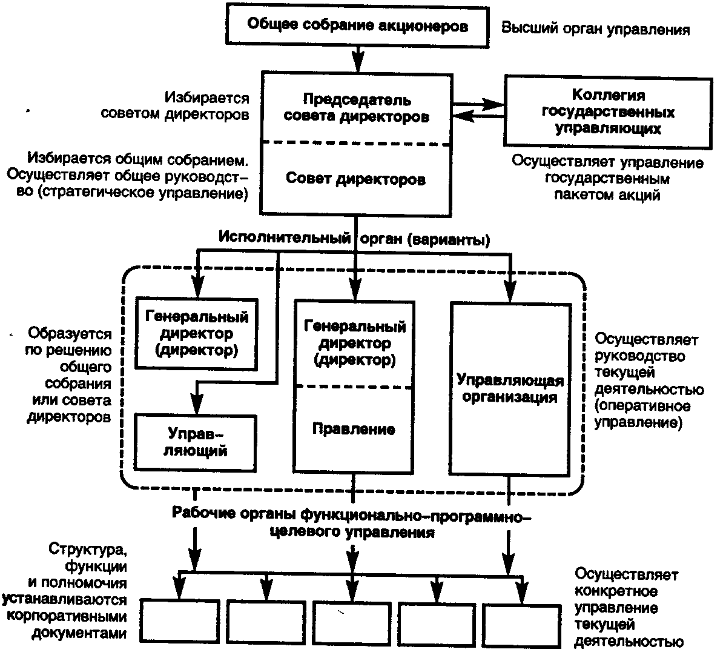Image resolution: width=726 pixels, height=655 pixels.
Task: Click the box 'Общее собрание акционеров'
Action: coord(358,26)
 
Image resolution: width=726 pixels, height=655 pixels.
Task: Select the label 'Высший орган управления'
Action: coord(596,29)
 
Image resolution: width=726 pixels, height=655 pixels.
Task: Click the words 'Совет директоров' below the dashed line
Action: coord(355,179)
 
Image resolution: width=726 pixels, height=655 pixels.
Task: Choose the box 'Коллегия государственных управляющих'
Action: coord(608,111)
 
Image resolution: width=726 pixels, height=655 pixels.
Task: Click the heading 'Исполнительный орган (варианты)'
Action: coord(354,239)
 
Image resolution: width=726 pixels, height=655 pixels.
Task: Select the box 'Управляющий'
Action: coord(195,442)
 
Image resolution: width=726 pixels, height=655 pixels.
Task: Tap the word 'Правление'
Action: coord(354,429)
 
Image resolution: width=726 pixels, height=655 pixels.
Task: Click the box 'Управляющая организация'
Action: coord(510,388)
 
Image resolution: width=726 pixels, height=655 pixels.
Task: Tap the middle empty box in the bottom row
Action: coord(350,623)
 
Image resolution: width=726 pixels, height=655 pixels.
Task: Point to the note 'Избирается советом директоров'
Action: coord(206,106)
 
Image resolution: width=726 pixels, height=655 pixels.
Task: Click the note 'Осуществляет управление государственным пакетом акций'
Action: coord(607,179)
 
